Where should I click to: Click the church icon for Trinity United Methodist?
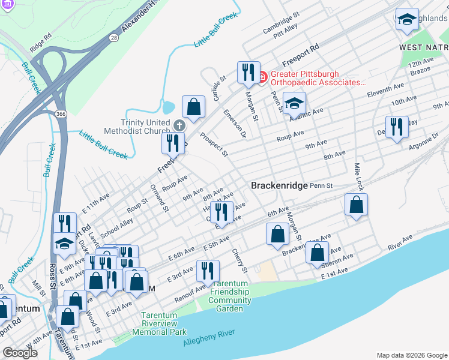point(178,125)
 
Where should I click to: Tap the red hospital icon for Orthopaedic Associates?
point(262,76)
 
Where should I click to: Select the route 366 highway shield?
point(61,114)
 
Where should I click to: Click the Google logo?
point(20,353)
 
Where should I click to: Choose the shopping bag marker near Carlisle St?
point(193,109)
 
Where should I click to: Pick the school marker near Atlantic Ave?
point(294,104)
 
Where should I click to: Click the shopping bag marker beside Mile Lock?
point(357,205)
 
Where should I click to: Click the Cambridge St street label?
point(280,18)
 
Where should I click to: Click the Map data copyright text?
point(411,355)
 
